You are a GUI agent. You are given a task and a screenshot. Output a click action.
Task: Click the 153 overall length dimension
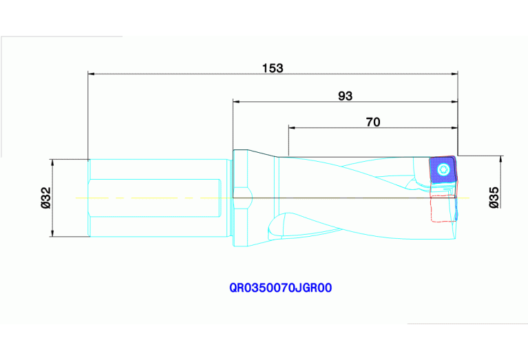(x=273, y=68)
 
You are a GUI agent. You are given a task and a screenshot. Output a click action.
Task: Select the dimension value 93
(x=345, y=96)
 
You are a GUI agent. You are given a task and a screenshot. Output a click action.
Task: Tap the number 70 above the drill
(x=372, y=122)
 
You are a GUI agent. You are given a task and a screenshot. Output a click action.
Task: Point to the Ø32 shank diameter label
(x=46, y=198)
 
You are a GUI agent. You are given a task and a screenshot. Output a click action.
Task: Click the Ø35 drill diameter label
(x=493, y=197)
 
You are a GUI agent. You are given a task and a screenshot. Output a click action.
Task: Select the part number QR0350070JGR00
(x=281, y=288)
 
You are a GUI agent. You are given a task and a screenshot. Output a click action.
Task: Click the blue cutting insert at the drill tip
(x=442, y=169)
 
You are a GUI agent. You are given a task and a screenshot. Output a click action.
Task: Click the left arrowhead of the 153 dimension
(x=92, y=73)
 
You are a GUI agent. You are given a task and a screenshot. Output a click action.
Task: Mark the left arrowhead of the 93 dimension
(x=237, y=100)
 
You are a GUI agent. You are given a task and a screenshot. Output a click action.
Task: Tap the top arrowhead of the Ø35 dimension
(x=501, y=159)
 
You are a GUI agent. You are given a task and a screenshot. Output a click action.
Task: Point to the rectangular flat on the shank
(x=155, y=198)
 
